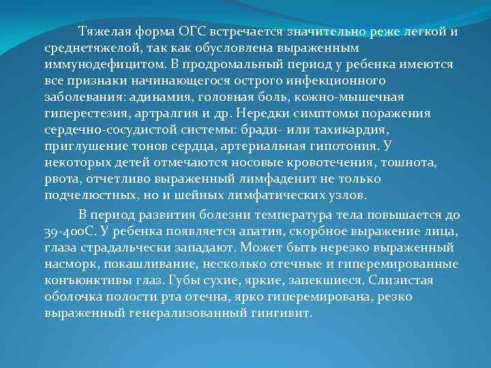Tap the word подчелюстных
click(x=83, y=195)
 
